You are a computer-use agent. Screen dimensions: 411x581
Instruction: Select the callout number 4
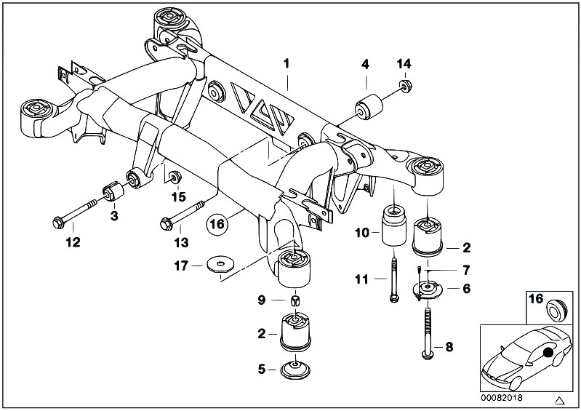tap(365, 64)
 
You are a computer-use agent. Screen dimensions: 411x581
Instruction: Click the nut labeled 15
tap(175, 177)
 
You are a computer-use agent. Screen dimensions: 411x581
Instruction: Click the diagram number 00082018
tap(504, 399)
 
